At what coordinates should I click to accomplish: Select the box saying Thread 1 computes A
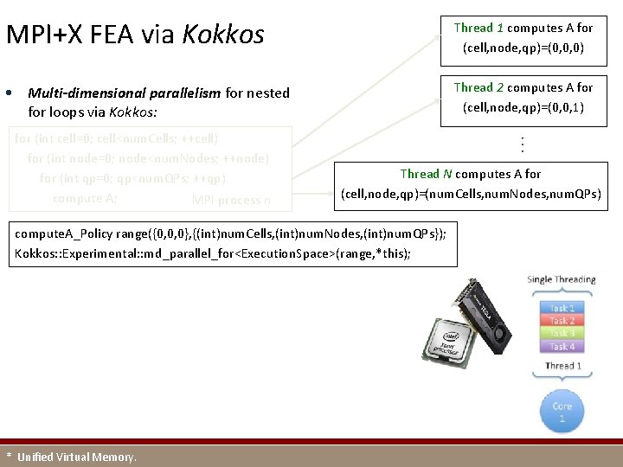[523, 38]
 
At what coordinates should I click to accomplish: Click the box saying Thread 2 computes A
[523, 98]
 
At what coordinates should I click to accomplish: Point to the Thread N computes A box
[471, 183]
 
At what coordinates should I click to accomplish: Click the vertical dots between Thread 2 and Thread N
[523, 144]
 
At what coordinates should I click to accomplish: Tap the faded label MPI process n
[231, 201]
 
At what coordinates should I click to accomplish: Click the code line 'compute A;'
[85, 198]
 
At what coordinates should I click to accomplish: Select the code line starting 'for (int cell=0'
[118, 138]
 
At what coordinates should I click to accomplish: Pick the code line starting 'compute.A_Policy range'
[230, 234]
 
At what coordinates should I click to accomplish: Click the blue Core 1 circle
[562, 412]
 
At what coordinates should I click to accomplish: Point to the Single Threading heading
[561, 279]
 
